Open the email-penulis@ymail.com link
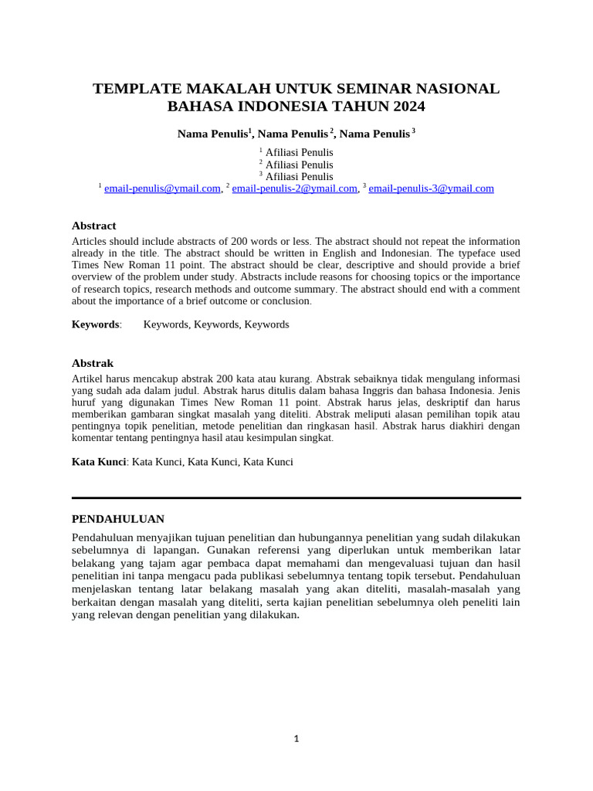point(162,188)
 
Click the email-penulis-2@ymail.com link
point(295,188)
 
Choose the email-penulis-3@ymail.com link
point(431,188)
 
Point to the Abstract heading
point(93,226)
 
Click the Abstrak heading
point(93,363)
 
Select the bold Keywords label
point(96,324)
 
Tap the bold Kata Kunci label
point(99,462)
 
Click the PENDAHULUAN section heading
point(117,518)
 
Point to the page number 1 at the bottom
point(296,739)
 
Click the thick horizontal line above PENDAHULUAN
point(296,498)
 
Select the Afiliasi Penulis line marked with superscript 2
point(299,165)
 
